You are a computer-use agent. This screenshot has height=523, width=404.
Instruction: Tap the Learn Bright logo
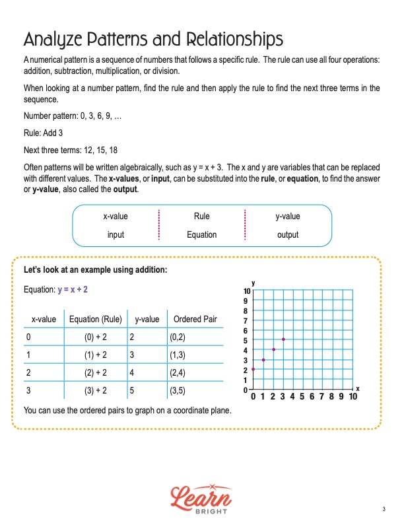pyautogui.click(x=201, y=497)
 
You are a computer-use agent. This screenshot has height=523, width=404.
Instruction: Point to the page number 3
pyautogui.click(x=384, y=508)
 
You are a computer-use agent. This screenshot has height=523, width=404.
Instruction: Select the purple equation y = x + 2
pyautogui.click(x=73, y=289)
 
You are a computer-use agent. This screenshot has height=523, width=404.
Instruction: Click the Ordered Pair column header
pyautogui.click(x=195, y=320)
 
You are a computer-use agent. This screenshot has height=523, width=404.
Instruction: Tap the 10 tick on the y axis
pyautogui.click(x=246, y=291)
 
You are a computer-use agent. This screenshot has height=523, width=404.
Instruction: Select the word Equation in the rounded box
pyautogui.click(x=201, y=234)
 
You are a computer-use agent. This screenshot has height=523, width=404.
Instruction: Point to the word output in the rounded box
pyautogui.click(x=287, y=234)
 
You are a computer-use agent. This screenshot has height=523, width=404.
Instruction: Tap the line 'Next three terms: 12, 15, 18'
pyautogui.click(x=71, y=149)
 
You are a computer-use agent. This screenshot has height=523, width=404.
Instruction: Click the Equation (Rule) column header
pyautogui.click(x=95, y=320)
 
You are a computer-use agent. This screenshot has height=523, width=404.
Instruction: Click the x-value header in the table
pyautogui.click(x=44, y=320)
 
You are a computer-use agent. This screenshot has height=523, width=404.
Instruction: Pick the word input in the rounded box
pyautogui.click(x=116, y=234)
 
